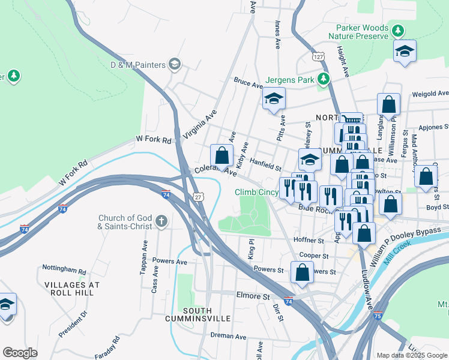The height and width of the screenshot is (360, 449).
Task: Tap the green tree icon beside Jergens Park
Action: coord(324,79)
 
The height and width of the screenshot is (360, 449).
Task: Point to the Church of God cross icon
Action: coord(160,221)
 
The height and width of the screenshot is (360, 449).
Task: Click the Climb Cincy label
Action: coord(255,192)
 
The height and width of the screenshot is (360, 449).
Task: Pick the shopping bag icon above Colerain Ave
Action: coord(222,155)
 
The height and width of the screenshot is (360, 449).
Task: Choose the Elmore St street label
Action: coord(253,296)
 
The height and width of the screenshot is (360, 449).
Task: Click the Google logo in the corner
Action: coord(20,353)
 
